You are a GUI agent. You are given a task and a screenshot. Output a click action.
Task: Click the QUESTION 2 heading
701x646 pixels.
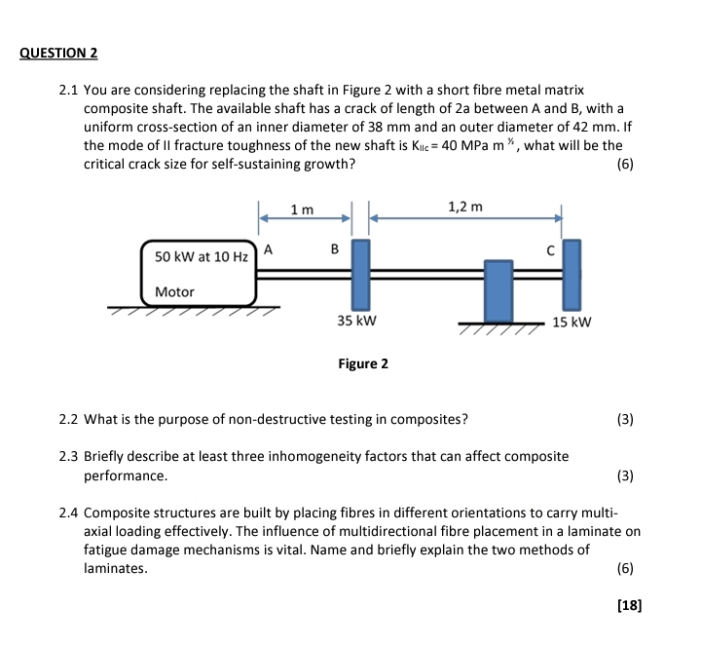(x=58, y=53)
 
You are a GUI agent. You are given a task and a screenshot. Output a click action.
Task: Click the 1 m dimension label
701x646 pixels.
(x=303, y=210)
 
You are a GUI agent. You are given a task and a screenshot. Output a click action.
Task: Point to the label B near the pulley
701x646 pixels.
(x=334, y=249)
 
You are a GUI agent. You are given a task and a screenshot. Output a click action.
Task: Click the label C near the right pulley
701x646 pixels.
(x=549, y=249)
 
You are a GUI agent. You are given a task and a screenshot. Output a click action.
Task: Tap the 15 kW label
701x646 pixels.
(x=572, y=322)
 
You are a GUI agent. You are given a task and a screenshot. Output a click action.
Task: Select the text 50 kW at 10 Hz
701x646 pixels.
(x=200, y=256)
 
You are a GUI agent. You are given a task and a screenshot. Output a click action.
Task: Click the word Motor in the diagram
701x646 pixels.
(x=175, y=291)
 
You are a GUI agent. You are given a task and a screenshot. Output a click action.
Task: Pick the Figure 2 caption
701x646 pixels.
(x=363, y=363)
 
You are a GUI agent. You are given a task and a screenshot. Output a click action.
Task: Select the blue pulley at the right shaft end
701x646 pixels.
(x=572, y=272)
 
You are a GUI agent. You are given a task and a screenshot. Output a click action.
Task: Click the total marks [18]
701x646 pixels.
(x=629, y=605)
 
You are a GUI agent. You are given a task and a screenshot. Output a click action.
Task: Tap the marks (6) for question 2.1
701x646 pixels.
(x=625, y=164)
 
